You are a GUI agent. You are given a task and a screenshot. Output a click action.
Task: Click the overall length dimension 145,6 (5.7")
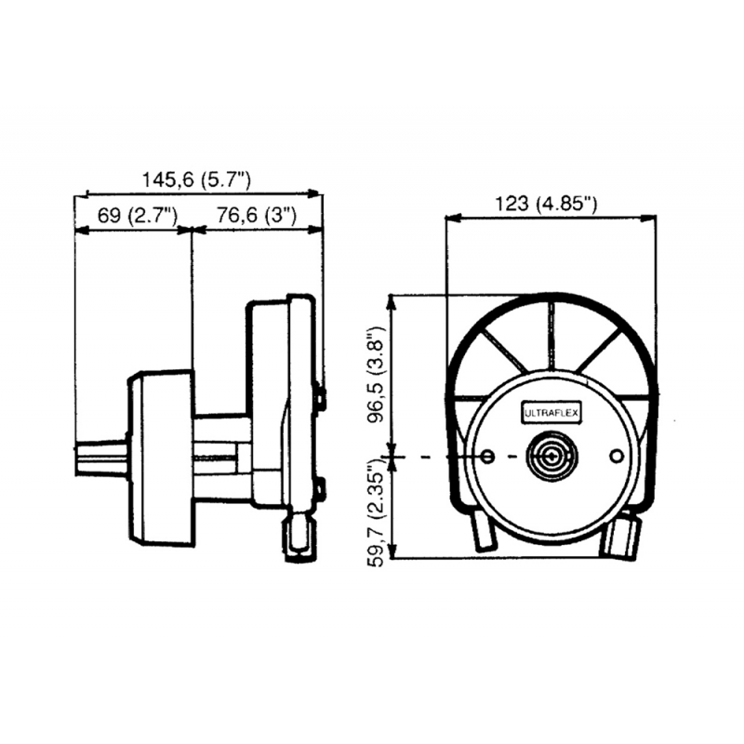pos(197,179)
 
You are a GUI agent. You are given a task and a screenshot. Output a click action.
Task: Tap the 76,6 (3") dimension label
pos(256,216)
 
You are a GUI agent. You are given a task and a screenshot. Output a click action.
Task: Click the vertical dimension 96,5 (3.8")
pos(375,374)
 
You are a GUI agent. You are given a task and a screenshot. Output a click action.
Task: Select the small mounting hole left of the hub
pos(490,457)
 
